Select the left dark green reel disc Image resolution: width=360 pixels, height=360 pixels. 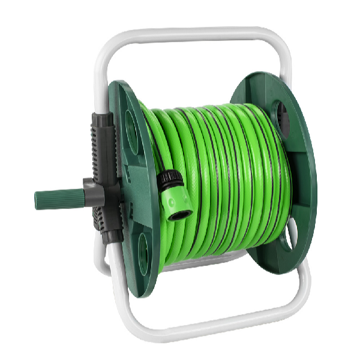click(x=129, y=186)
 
